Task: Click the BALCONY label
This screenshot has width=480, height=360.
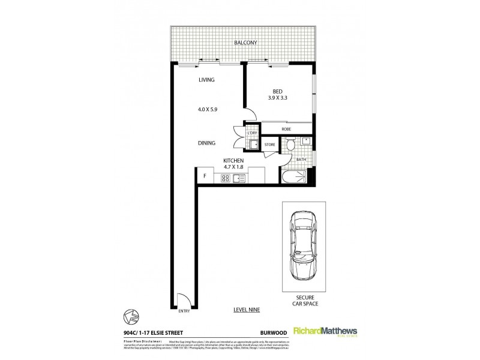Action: click(245, 43)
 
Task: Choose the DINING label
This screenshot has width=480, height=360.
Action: click(206, 143)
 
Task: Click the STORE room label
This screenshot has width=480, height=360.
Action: click(269, 145)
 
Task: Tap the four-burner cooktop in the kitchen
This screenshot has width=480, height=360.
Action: click(226, 178)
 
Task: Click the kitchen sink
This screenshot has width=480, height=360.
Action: click(239, 178)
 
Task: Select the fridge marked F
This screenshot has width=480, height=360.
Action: click(205, 176)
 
